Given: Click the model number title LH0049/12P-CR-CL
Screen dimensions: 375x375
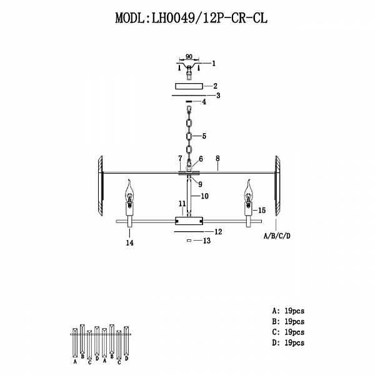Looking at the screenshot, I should tap(191, 18).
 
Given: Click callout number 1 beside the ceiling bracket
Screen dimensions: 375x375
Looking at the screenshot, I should tap(213, 63).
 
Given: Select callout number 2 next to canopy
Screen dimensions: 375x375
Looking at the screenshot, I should tap(214, 86).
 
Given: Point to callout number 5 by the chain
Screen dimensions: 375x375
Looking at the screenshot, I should tap(204, 136).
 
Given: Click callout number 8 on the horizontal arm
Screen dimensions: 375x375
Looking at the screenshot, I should tap(217, 167).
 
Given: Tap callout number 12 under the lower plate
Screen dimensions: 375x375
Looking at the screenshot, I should tap(218, 232).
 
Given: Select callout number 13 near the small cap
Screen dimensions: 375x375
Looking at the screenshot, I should tap(207, 241).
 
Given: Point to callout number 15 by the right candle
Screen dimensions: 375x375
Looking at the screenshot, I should tap(262, 211).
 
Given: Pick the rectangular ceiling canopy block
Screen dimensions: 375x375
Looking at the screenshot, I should tap(188, 86).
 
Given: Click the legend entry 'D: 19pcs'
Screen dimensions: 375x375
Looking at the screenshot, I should tap(288, 343).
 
